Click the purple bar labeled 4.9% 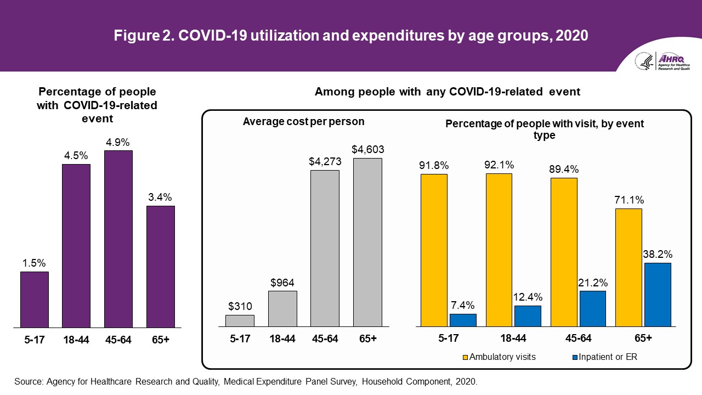(118, 239)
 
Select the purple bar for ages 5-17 (35, 300)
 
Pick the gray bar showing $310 (240, 321)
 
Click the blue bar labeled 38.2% (658, 295)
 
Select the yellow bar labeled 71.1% (629, 268)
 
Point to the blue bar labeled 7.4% (463, 320)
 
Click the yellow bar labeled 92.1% (499, 250)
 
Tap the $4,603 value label (367, 149)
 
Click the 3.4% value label (160, 197)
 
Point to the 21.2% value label (593, 282)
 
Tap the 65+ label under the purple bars (160, 340)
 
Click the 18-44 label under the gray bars (282, 339)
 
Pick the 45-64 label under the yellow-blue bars (578, 338)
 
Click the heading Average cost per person (303, 121)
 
